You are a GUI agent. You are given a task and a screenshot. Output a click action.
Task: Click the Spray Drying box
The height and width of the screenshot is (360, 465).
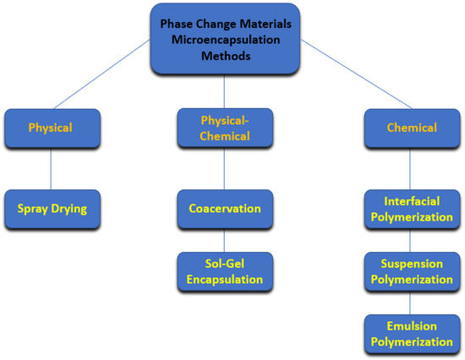51,206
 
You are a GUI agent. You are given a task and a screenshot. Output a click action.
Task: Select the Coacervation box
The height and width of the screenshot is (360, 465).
224,207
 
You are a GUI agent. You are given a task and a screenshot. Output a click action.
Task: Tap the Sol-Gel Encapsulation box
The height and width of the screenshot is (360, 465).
224,270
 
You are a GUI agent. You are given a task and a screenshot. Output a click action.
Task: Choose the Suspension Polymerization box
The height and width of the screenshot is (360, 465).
411,270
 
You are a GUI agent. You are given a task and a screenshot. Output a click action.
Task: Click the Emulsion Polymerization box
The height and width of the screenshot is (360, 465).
411,333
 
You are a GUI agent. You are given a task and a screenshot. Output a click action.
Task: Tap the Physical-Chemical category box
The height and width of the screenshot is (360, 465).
224,128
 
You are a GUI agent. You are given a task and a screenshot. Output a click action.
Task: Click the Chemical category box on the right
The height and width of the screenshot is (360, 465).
411,128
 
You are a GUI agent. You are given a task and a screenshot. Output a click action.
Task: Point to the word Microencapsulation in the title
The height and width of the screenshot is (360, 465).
224,39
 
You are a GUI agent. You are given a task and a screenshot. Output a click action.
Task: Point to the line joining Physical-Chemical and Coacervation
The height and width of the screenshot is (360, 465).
224,168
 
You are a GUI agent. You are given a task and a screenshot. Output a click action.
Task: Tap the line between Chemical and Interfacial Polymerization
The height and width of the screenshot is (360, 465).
411,168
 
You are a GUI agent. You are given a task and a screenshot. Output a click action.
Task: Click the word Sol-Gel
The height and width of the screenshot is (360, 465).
223,263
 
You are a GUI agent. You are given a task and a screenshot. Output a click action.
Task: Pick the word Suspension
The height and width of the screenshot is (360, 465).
411,263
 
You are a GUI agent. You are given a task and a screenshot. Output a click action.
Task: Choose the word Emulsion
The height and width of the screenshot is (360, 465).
411,326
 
